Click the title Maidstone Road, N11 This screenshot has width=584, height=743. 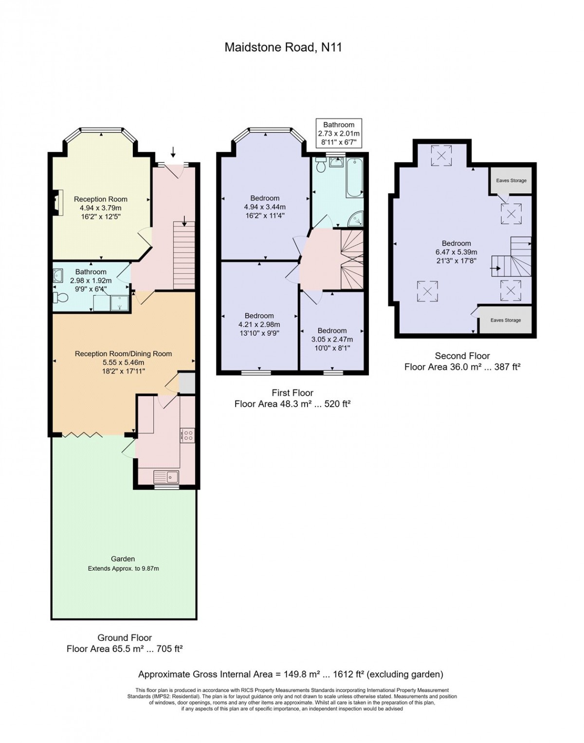283,47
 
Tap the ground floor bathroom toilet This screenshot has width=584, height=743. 61,298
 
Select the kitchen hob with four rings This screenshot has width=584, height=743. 187,435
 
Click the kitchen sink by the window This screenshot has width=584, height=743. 166,477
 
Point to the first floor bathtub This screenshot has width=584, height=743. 355,178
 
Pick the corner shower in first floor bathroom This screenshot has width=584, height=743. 356,219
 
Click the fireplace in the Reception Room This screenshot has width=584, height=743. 57,202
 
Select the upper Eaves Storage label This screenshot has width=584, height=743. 511,181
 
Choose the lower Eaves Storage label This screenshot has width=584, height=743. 506,320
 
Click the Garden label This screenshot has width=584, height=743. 123,559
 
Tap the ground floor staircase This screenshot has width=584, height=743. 184,255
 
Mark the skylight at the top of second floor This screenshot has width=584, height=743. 441,156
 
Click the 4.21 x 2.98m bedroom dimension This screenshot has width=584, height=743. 260,325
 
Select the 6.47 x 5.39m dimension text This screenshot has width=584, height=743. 456,253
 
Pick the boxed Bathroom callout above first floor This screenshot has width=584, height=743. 339,133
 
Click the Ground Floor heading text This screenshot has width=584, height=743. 125,638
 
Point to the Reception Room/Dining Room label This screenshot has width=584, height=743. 124,354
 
